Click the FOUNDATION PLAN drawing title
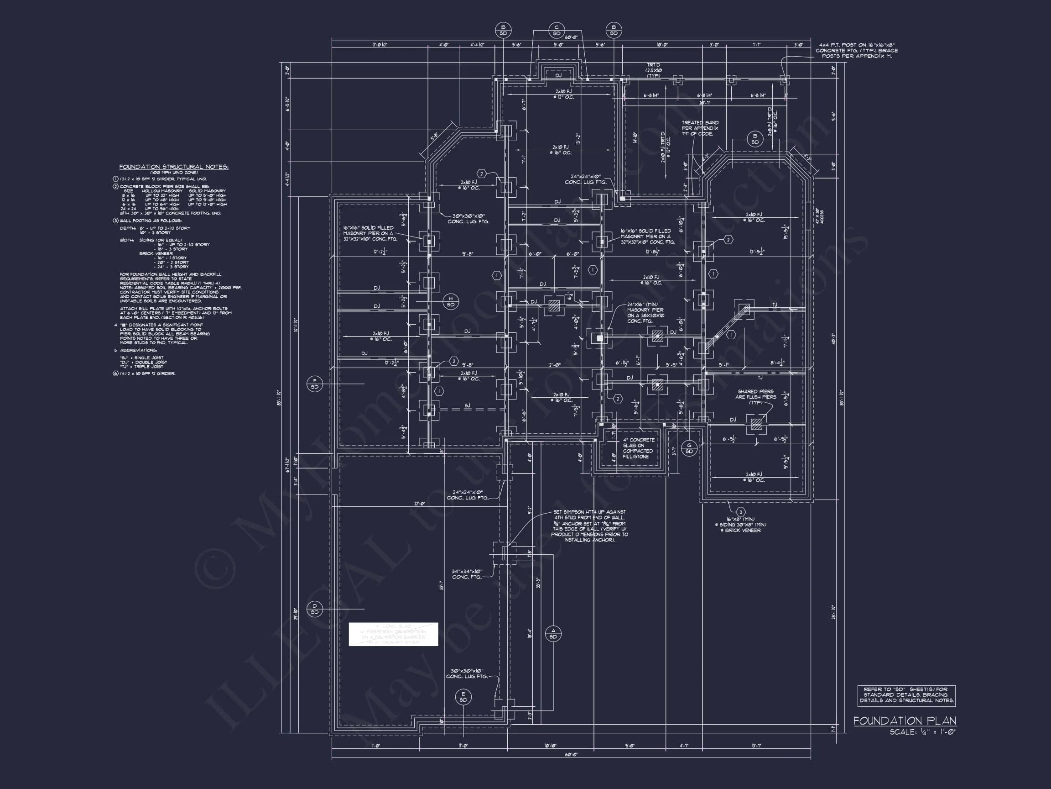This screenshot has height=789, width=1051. (x=905, y=721)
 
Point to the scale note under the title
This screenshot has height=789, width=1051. (x=922, y=732)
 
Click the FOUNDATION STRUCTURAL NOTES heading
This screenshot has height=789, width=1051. (x=174, y=167)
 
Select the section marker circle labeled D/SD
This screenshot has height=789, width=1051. (x=315, y=609)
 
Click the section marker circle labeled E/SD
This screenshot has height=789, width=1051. (x=463, y=697)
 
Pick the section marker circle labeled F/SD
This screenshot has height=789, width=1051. (x=315, y=384)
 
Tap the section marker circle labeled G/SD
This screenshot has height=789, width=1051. (x=689, y=448)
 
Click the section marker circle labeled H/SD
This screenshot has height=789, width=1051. (x=450, y=301)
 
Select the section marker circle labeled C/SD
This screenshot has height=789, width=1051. (x=557, y=31)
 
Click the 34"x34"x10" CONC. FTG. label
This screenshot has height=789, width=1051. (x=467, y=574)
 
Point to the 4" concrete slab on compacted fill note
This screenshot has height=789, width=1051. (x=638, y=448)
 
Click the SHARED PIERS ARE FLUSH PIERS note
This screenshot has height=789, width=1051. (x=755, y=397)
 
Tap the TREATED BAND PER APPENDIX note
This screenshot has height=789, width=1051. (x=700, y=128)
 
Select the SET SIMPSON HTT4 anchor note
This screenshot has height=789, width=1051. (x=589, y=526)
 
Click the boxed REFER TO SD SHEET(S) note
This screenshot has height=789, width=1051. (x=906, y=695)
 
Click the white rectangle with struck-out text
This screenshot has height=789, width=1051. (x=393, y=634)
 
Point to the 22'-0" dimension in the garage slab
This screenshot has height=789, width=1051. (x=419, y=504)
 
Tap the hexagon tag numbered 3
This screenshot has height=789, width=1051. (x=740, y=512)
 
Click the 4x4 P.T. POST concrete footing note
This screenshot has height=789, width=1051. (x=856, y=50)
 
